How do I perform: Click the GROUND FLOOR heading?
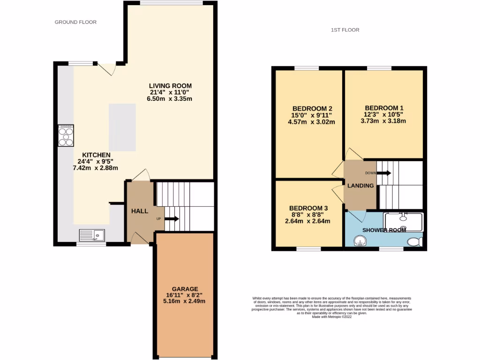[x=75, y=22]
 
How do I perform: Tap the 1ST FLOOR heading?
[x=345, y=30]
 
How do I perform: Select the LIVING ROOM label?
[x=171, y=86]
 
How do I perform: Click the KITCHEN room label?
[x=96, y=155]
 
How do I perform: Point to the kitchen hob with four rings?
[x=66, y=135]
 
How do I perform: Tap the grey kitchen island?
[x=122, y=127]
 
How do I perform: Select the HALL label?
[x=139, y=212]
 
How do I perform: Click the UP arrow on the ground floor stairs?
[x=171, y=218]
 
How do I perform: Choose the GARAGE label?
[x=185, y=289]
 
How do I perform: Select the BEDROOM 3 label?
[x=308, y=208]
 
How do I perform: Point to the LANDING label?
[x=360, y=186]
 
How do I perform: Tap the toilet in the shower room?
[x=414, y=242]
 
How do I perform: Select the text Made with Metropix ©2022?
[x=331, y=317]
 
